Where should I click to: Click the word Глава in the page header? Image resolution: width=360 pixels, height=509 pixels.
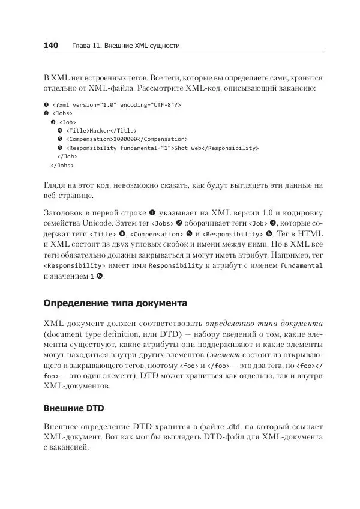(83, 46)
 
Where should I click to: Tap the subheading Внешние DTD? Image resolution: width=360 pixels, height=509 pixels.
(74, 409)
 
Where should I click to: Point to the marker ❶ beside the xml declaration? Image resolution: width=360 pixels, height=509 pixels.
(46, 104)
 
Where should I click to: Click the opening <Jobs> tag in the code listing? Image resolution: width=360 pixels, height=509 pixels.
(64, 113)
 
